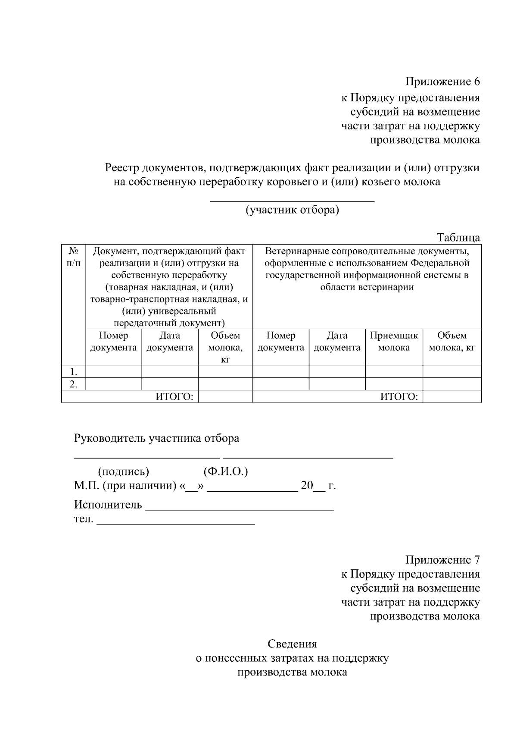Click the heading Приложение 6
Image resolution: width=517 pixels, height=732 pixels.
pos(442,82)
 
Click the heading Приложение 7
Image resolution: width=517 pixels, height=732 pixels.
pos(442,560)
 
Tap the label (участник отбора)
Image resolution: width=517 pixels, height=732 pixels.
pos(292,210)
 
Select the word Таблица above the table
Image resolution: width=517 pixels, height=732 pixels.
pos(458,237)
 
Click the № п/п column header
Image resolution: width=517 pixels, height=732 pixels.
pos(73,257)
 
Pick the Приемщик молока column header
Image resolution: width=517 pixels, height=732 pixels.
pos(394,342)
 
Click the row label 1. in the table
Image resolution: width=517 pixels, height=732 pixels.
pos(74,371)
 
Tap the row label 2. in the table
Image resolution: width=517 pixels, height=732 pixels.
pos(74,384)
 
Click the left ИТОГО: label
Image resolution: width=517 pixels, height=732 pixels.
pos(174,397)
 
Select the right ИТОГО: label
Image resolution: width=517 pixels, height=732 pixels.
pos(399,397)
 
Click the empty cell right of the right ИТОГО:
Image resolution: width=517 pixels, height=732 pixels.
pos(452,397)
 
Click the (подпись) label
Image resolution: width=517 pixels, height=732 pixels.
pos(124,471)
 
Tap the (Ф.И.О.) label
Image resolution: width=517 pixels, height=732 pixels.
pos(225,471)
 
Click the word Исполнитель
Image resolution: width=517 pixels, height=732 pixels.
pos(108,504)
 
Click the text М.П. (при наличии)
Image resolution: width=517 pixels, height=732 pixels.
pos(125,486)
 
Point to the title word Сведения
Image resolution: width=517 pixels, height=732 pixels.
pos(292,644)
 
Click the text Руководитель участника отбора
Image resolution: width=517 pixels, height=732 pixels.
pos(156,439)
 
